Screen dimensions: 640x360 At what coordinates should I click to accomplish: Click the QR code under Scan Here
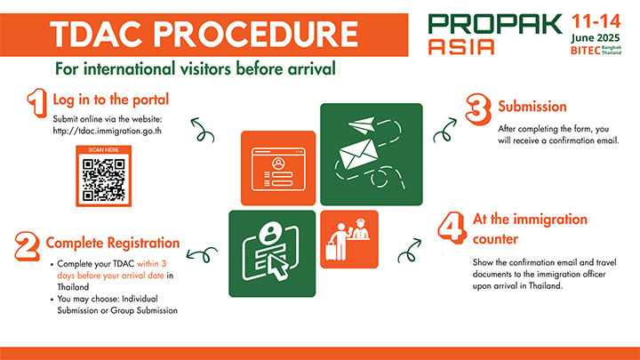click(x=104, y=180)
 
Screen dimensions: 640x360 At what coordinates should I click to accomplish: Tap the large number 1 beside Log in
click(x=37, y=102)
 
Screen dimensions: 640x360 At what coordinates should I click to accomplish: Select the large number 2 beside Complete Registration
click(x=27, y=246)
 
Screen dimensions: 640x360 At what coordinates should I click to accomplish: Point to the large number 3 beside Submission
click(x=478, y=109)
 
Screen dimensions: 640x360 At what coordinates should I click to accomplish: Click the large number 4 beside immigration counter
click(x=452, y=228)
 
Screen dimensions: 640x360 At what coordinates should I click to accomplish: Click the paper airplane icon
click(x=362, y=125)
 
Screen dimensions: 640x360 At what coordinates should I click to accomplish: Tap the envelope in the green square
click(x=358, y=154)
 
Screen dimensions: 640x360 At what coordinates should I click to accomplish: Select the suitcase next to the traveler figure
click(x=331, y=251)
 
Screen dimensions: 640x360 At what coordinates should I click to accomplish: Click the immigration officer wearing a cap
click(x=360, y=229)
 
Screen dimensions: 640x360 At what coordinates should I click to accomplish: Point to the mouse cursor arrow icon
click(x=278, y=266)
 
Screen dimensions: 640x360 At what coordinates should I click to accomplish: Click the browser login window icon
click(x=278, y=169)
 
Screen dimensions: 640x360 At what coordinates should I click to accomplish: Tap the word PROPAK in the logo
click(x=495, y=24)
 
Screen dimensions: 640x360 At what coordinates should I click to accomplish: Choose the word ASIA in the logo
click(x=461, y=46)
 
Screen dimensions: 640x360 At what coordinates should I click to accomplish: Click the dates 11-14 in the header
click(x=596, y=21)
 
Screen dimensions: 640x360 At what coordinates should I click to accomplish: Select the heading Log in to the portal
click(x=110, y=100)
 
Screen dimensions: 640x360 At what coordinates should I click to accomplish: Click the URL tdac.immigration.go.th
click(x=107, y=131)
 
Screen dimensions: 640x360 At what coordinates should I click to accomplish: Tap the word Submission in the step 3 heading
click(x=532, y=107)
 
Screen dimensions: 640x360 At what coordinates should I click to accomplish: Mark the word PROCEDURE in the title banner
click(x=256, y=35)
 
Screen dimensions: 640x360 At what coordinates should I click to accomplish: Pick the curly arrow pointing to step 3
click(x=445, y=130)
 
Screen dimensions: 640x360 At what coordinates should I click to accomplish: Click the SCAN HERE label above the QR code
click(x=104, y=150)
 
